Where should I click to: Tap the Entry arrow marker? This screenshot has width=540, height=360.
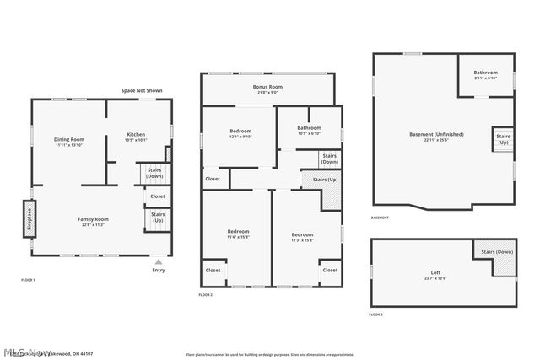pos(158,262)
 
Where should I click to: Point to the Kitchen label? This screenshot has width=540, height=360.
pos(136,135)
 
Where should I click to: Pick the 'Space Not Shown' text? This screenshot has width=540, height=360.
pos(141,90)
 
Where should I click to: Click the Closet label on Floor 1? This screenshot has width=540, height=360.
pos(158,196)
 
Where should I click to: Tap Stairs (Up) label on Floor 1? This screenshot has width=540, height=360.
pos(158,217)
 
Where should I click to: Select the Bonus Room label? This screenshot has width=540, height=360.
pos(267,87)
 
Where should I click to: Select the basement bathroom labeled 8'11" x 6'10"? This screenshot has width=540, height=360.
pos(485,73)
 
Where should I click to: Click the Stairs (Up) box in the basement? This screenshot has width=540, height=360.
pos(503,138)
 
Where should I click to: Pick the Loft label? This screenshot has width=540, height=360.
pos(435,273)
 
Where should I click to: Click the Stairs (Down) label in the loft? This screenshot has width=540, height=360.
pos(497,252)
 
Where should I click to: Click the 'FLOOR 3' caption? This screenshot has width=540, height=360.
pos(375,314)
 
